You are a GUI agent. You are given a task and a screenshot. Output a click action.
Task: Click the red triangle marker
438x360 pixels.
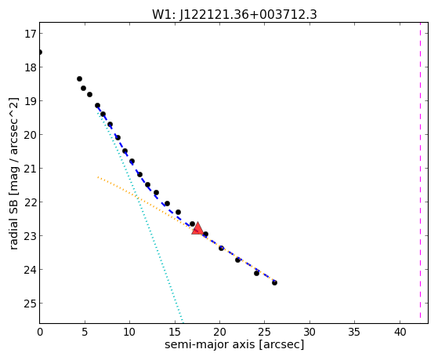197,228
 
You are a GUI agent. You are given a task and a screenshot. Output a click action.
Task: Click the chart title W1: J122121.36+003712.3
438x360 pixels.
234,15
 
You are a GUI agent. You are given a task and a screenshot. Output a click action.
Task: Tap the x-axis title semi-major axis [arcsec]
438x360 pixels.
234,344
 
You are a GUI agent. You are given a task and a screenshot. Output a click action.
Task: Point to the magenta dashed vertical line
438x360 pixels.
420,173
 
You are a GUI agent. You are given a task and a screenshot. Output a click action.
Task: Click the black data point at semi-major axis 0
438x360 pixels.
40,52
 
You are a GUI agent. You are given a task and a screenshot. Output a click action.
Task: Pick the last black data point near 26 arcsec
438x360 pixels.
274,283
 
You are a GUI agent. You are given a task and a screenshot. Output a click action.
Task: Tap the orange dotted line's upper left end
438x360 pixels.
98,177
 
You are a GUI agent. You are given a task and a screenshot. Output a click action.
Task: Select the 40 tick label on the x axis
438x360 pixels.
400,332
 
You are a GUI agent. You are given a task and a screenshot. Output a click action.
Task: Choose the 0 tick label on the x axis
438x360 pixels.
40,332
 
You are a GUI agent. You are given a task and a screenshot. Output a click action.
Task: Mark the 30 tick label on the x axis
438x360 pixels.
309,332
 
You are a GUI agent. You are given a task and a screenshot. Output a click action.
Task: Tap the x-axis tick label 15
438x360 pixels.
175,332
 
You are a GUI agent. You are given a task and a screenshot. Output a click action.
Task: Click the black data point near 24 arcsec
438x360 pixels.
257,273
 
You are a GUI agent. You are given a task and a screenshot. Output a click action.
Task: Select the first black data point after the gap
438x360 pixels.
80,79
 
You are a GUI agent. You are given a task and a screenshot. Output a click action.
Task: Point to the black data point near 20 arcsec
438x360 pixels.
222,248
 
